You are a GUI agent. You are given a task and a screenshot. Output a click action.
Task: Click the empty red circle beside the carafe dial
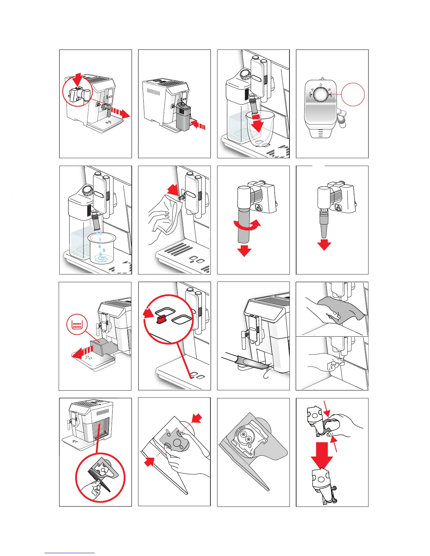click(353, 94)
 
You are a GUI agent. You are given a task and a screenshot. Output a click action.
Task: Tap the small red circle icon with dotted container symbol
click(77, 324)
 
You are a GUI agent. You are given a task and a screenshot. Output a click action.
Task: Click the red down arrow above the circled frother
click(78, 78)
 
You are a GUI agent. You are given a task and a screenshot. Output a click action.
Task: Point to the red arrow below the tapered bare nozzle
click(324, 244)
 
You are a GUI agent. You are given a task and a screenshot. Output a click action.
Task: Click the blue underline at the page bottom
click(70, 553)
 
